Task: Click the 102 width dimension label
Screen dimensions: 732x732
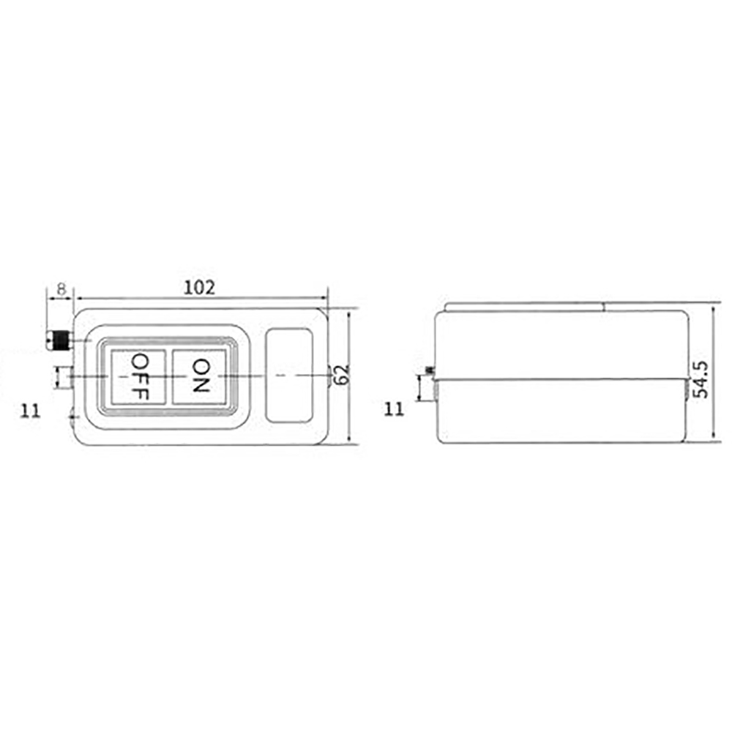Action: click(199, 288)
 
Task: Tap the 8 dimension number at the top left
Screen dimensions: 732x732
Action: click(61, 288)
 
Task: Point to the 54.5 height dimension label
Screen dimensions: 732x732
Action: click(702, 378)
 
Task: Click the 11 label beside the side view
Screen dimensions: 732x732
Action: click(394, 408)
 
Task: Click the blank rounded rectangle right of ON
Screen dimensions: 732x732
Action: click(289, 376)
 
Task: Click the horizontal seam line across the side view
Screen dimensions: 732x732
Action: click(560, 379)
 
